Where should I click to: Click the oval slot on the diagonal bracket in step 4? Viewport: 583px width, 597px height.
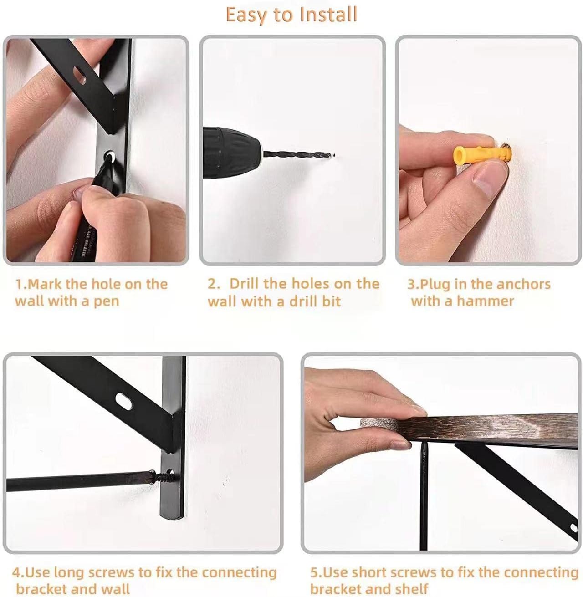click(123, 400)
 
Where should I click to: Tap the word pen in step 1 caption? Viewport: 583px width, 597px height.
click(106, 301)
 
